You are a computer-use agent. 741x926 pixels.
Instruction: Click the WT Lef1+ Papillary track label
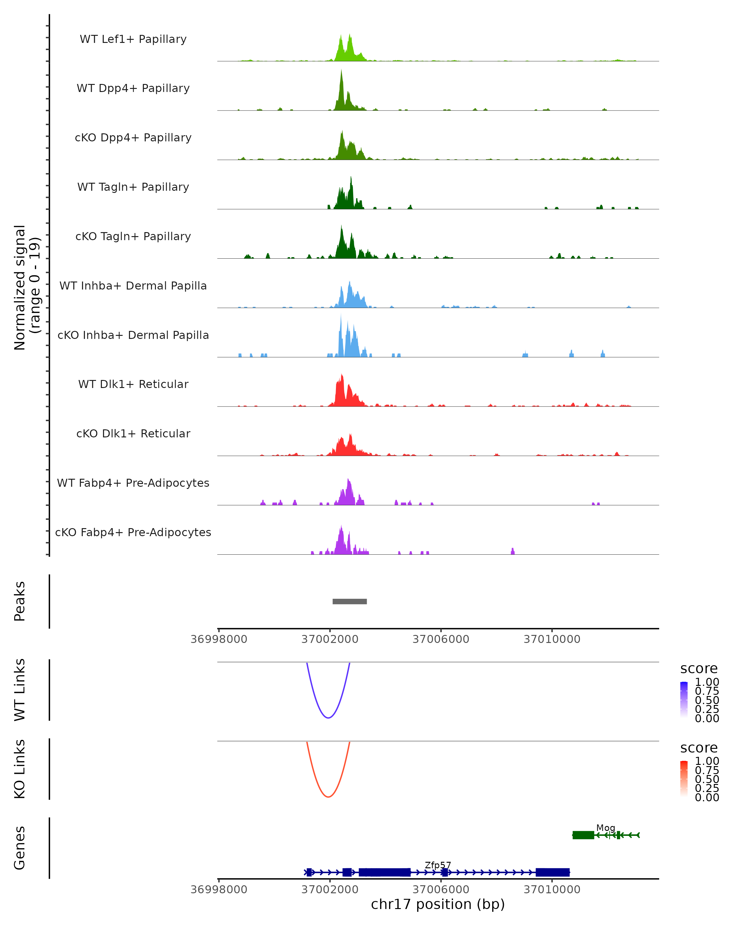click(x=133, y=39)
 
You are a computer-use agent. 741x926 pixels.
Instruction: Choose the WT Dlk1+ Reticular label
click(x=133, y=384)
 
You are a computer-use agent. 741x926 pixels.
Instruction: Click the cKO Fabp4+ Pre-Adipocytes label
click(x=133, y=532)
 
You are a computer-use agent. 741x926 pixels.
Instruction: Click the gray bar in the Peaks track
click(x=350, y=601)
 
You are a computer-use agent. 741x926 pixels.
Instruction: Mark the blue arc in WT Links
click(x=328, y=718)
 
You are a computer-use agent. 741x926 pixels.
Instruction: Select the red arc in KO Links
click(x=328, y=797)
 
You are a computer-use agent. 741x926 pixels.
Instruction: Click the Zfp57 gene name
click(x=438, y=865)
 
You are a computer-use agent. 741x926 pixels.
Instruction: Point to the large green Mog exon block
click(x=583, y=835)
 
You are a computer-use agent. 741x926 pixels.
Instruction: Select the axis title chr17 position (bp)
click(x=438, y=904)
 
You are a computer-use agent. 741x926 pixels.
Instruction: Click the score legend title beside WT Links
click(x=699, y=669)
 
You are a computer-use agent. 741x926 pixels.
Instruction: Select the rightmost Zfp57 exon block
click(x=552, y=872)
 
